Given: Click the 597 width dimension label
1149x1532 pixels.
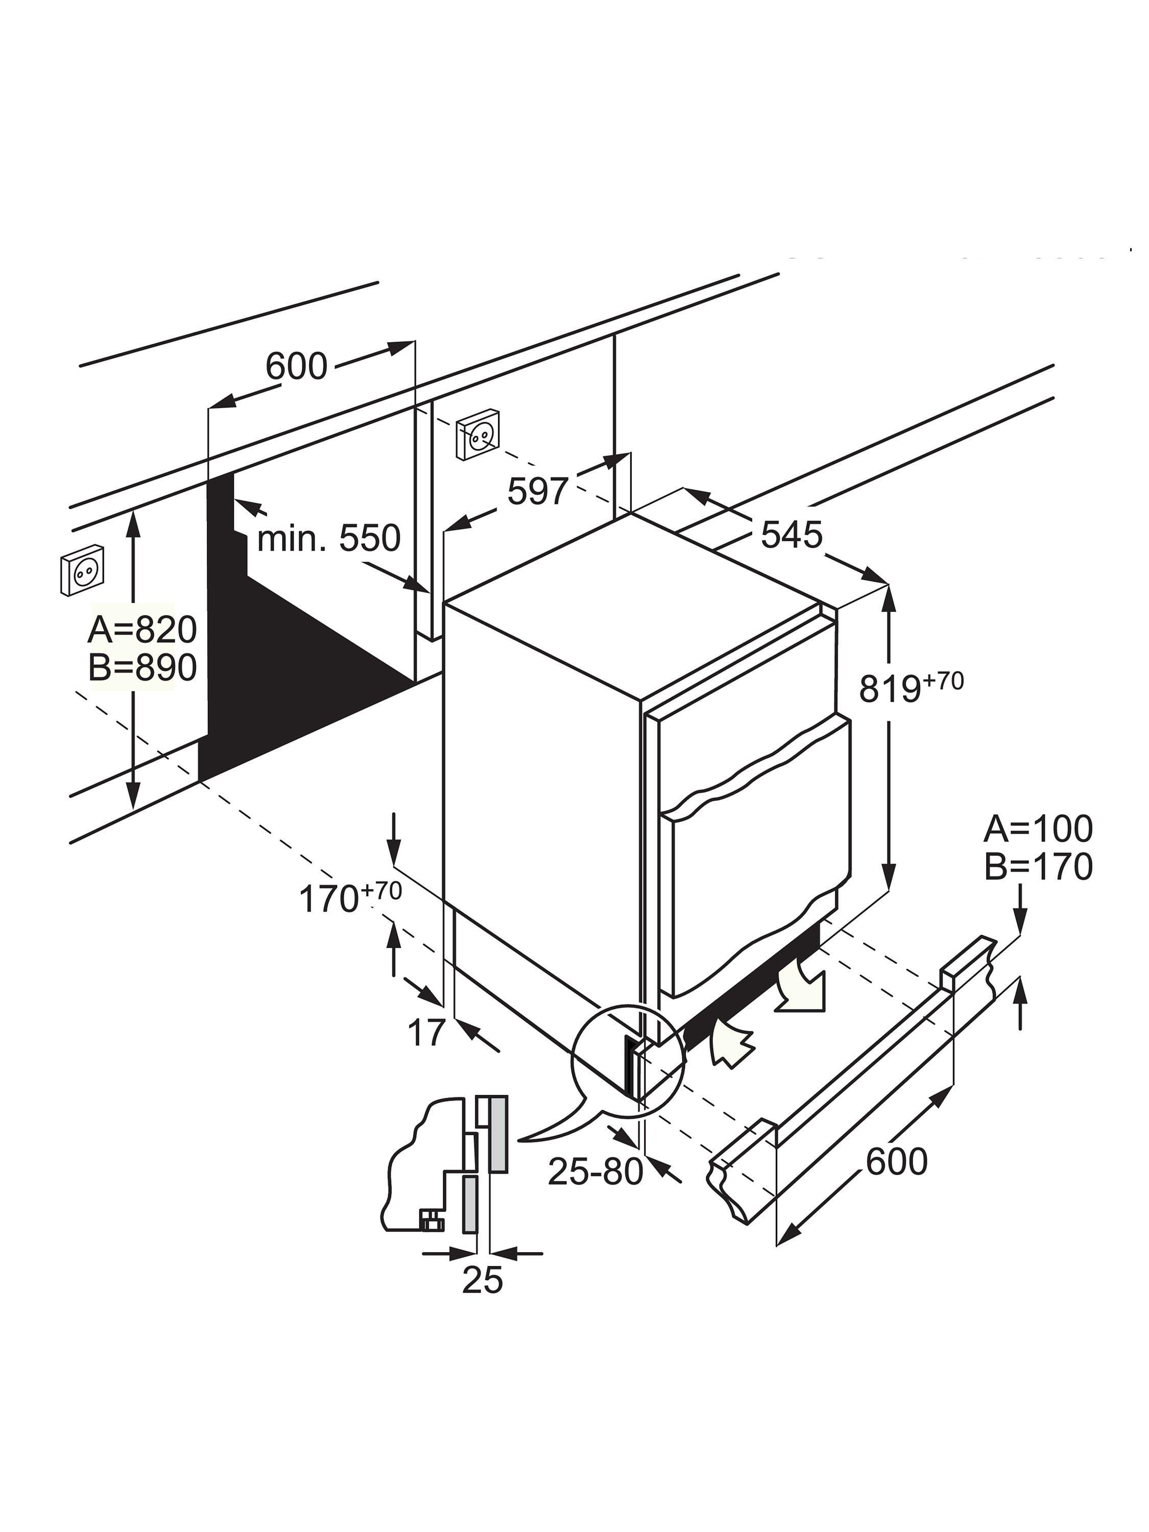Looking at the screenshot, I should pos(537,492).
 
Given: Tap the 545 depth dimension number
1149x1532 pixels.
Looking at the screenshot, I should pos(791,535).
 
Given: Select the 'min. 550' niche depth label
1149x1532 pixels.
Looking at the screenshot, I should pos(328,538).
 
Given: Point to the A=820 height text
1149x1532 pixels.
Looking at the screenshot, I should pos(142,630).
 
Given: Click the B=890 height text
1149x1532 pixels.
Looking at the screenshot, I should pos(142,667).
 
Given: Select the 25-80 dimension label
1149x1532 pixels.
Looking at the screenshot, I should pos(595,1171).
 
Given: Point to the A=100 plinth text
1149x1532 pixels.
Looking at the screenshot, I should pos(1038,828).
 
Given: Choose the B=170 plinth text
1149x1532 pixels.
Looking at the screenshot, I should pos(1038,867).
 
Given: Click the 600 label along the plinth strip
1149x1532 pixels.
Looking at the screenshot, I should pos(896,1161).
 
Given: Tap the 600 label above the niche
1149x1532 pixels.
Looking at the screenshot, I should pos(296,366).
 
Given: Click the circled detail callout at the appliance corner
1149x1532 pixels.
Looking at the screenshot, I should pos(627,1063).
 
